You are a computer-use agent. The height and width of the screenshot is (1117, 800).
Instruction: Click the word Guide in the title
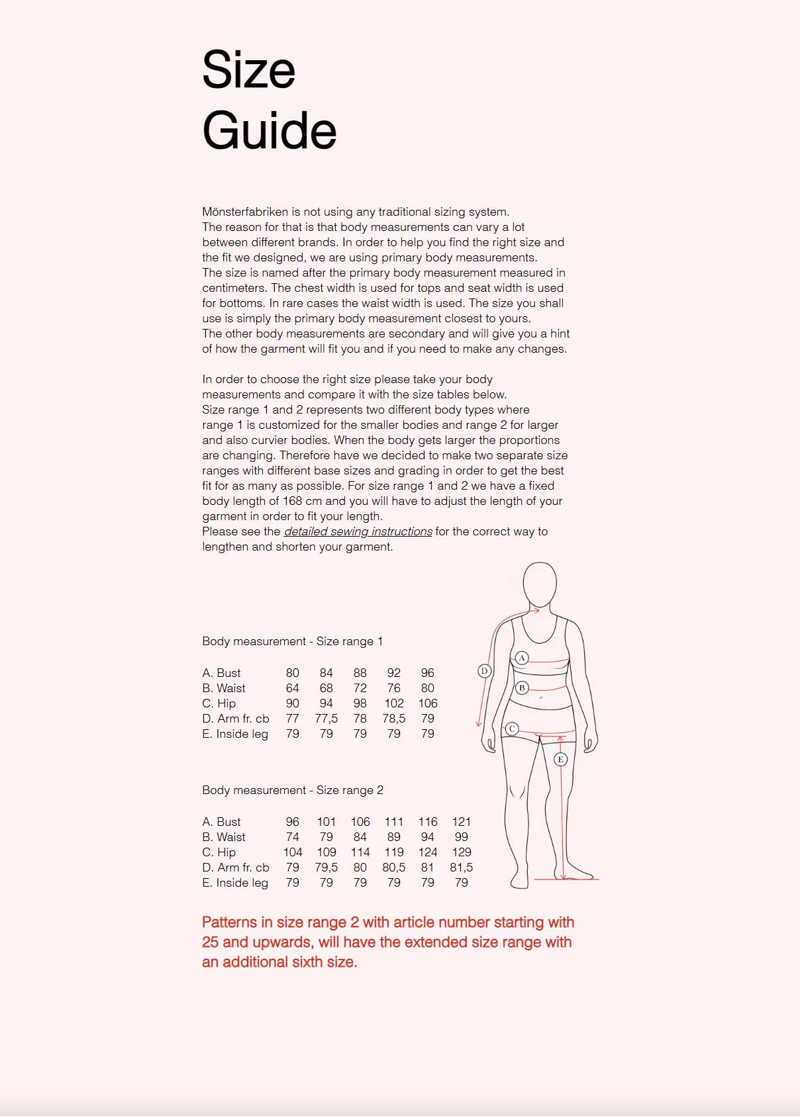pos(269,130)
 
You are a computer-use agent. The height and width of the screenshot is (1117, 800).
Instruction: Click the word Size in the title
pos(248,70)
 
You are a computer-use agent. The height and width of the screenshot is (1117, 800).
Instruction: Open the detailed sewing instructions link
pos(358,531)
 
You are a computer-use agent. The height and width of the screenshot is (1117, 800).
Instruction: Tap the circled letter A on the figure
pos(522,658)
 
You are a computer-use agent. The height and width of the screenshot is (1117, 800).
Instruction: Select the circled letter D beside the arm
pos(484,671)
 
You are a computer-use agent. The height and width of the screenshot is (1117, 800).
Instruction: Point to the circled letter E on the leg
pos(560,759)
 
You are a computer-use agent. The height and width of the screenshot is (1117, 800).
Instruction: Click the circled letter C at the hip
pos(512,729)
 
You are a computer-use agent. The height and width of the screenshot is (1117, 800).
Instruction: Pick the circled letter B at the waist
pos(522,688)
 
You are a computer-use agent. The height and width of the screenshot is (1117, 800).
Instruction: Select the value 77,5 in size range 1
pos(326,719)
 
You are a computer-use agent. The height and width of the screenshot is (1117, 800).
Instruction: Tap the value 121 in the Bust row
pos(462,822)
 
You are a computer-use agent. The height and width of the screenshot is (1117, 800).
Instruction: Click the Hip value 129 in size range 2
pos(462,852)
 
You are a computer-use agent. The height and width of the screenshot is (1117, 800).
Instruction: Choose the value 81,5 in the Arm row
pos(462,868)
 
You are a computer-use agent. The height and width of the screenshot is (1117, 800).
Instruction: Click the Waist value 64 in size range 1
pos(292,688)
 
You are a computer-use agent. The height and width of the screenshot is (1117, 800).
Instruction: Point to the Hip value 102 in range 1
pos(393,703)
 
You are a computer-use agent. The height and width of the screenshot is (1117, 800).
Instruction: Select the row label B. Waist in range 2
pos(224,837)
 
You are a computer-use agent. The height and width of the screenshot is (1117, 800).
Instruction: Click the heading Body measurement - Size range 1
pos(292,641)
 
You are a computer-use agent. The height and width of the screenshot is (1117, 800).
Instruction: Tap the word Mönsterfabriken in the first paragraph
pos(245,212)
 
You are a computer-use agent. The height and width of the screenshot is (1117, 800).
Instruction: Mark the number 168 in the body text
pos(292,501)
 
